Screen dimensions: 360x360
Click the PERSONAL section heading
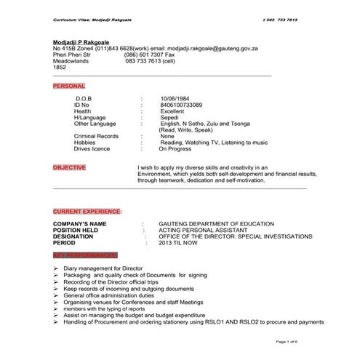pyautogui.click(x=68, y=86)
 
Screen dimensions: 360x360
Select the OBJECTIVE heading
pyautogui.click(x=69, y=168)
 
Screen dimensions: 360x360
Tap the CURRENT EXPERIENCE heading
pyautogui.click(x=87, y=211)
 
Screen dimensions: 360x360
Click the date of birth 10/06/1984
pyautogui.click(x=177, y=97)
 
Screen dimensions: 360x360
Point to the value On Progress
pyautogui.click(x=176, y=149)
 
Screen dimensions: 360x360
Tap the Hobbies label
pyautogui.click(x=84, y=143)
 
